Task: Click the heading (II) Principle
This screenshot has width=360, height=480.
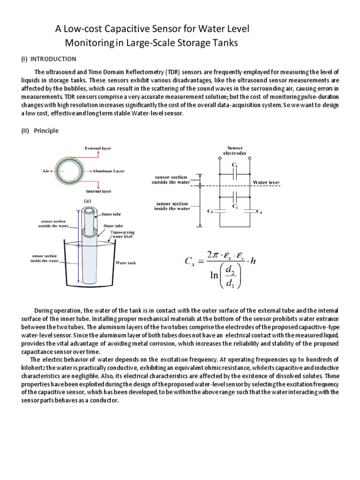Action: pos(39,131)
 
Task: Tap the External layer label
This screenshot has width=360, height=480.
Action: pos(98,148)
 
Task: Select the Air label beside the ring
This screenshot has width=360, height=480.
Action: pos(46,172)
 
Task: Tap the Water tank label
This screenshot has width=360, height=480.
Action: pos(126,263)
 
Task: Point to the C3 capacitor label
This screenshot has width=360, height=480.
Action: pos(210,212)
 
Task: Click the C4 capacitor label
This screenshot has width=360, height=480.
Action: pos(259,212)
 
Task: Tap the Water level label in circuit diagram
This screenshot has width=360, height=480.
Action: pos(266,182)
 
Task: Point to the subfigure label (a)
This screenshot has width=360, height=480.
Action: pos(87,200)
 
